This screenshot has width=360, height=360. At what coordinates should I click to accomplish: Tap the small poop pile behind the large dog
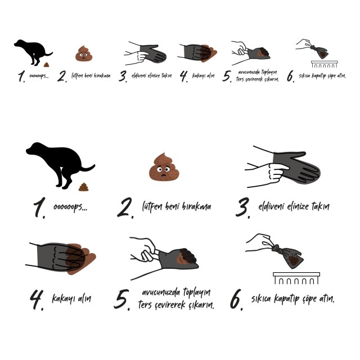pyautogui.click(x=83, y=187)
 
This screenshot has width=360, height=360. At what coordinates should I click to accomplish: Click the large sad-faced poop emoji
pyautogui.click(x=164, y=167)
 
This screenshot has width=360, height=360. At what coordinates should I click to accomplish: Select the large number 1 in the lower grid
pyautogui.click(x=39, y=208)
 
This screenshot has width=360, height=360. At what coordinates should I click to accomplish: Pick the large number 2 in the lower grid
pyautogui.click(x=125, y=208)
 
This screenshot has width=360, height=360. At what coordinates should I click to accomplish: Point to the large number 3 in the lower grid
pyautogui.click(x=243, y=208)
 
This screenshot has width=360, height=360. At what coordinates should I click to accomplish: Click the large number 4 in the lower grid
pyautogui.click(x=37, y=300)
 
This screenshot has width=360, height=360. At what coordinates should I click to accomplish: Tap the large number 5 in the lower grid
pyautogui.click(x=122, y=300)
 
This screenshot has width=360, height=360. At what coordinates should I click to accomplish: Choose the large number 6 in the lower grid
pyautogui.click(x=236, y=299)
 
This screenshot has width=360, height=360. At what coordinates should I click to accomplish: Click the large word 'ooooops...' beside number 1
pyautogui.click(x=70, y=207)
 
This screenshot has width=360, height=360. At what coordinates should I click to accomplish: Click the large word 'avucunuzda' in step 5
pyautogui.click(x=161, y=292)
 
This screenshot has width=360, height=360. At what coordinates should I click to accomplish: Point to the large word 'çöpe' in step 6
pyautogui.click(x=310, y=299)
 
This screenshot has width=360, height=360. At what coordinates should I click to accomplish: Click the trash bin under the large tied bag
pyautogui.click(x=296, y=278)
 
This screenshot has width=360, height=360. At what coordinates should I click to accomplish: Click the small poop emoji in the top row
pyautogui.click(x=84, y=53)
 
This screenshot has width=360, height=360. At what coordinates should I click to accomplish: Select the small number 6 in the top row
pyautogui.click(x=290, y=76)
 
